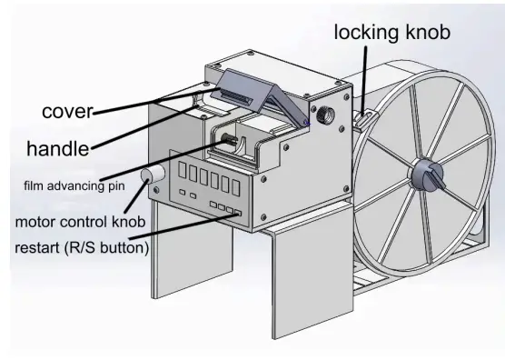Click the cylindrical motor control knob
(149, 175)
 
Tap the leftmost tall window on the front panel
(183, 170)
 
